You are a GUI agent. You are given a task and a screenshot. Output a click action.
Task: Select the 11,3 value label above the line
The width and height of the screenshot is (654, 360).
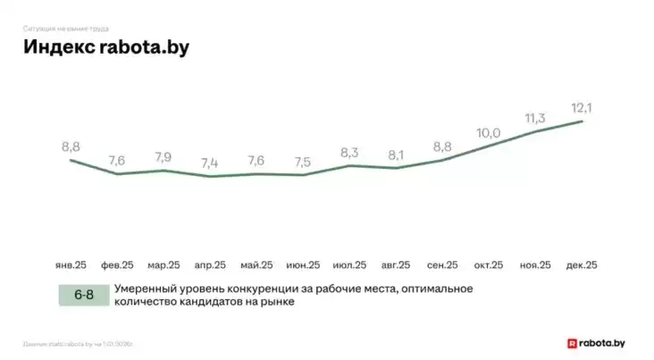pos(535,118)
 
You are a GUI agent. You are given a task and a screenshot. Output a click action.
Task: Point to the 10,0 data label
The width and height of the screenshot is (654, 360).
pos(488,133)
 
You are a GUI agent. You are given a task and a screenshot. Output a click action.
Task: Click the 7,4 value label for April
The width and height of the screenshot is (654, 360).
pos(210,163)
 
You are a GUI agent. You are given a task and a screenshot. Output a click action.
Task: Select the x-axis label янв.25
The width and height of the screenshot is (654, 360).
pos(71,265)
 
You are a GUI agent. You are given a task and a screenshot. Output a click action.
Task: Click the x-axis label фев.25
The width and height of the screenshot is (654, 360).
pos(117,265)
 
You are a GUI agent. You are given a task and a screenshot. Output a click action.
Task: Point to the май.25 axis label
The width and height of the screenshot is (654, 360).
pos(256,265)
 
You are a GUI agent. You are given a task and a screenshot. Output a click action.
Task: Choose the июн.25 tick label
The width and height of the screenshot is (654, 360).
pos(303,265)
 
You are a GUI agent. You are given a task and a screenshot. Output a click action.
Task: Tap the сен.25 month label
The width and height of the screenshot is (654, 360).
pos(442,265)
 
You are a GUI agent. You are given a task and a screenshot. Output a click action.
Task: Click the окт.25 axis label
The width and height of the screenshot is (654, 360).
pos(489,265)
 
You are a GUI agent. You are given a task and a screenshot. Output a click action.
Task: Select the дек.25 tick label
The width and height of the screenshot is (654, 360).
pos(582,265)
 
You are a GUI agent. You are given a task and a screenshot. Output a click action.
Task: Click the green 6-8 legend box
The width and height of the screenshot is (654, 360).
pos(84,295)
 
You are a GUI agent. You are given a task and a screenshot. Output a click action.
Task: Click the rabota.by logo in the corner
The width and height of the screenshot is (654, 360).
pos(598,342)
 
